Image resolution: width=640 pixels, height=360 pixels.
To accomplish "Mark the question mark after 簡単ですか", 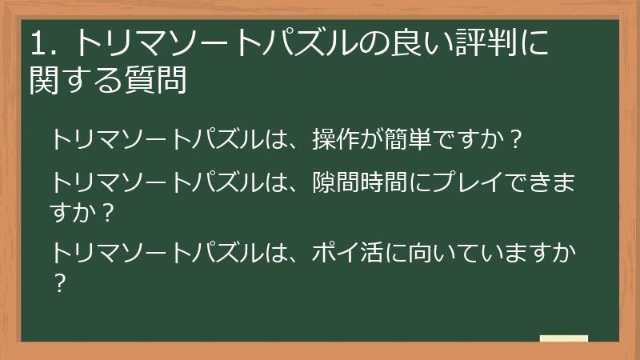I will point(516,140).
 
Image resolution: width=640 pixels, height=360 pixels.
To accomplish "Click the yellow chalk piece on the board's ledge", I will point(563,339).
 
